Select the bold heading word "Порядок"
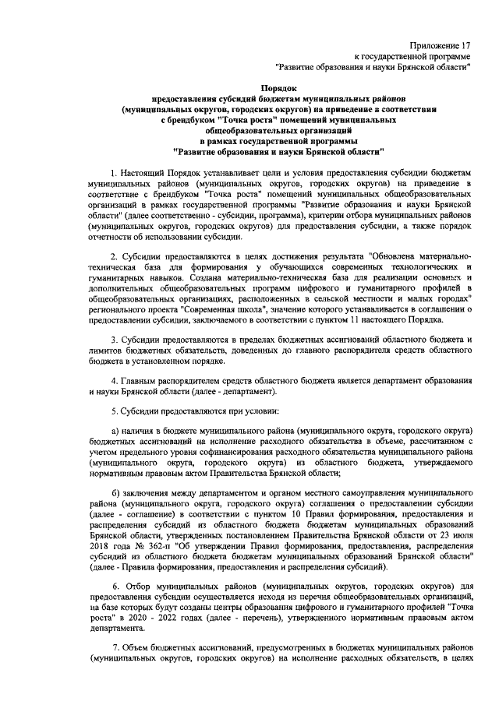278,90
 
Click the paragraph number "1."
115,170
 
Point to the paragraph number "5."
115,410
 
